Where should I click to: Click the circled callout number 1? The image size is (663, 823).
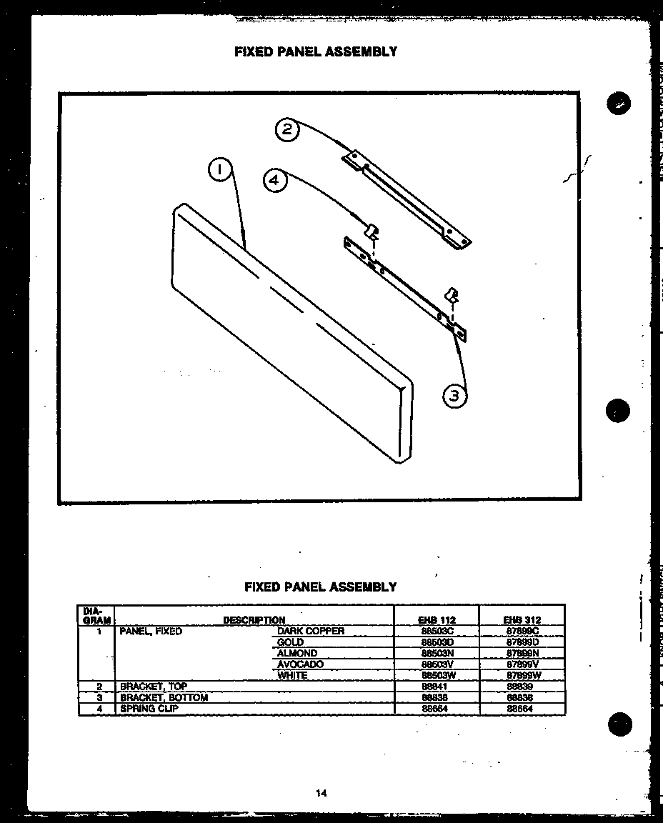pos(220,169)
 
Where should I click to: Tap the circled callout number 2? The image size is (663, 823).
pos(286,130)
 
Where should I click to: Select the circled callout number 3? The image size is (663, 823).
pos(454,395)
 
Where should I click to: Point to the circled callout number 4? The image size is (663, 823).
pos(275,181)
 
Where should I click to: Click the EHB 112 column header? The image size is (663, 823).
pos(437,620)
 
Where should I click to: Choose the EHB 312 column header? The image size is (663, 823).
pos(522,620)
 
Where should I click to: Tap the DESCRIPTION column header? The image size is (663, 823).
pos(254,620)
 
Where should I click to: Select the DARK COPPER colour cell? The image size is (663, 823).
pos(311,631)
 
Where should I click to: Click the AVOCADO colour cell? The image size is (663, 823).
pos(300,664)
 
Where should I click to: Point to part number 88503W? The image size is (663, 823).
pos(437,675)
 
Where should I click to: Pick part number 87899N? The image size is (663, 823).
pos(522,653)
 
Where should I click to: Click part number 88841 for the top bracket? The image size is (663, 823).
pos(434,687)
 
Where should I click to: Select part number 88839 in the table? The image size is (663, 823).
pos(519,687)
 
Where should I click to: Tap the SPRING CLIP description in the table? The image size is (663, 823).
pos(149,709)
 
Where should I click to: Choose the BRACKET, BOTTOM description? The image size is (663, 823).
pos(164,697)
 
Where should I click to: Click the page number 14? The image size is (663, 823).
pos(321,792)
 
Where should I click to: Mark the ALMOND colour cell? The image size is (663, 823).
pos(297,653)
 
